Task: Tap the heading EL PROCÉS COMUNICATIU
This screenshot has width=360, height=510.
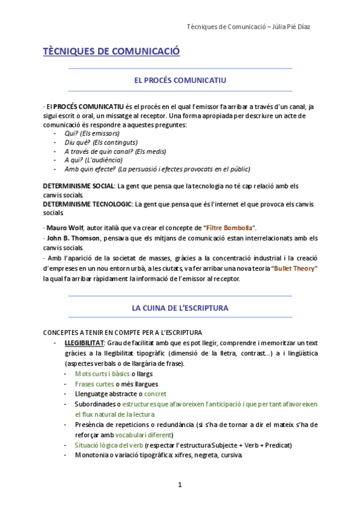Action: point(180,79)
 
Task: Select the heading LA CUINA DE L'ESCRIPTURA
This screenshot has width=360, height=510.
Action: point(180,308)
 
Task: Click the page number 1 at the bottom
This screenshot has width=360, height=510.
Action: point(180,485)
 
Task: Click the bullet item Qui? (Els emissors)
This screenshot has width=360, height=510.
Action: point(92,133)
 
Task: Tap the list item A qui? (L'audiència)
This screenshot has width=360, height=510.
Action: point(93,160)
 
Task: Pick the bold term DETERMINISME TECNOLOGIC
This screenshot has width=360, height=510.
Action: point(88,204)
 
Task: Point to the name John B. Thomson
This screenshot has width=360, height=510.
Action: point(72,238)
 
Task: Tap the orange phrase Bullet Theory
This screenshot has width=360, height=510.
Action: point(294,268)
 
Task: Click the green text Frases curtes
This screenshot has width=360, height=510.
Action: point(94,384)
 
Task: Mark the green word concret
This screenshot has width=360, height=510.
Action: point(156,394)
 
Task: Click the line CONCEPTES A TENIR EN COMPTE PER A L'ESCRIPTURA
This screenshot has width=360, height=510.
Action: point(123,333)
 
